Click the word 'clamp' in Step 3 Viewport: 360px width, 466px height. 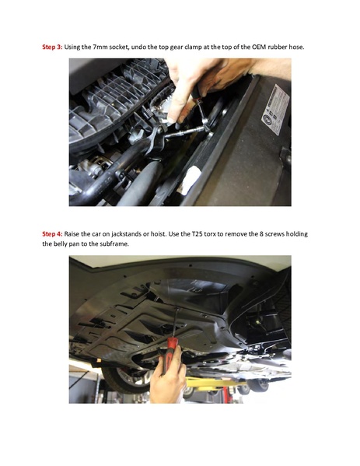[x=194, y=47]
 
